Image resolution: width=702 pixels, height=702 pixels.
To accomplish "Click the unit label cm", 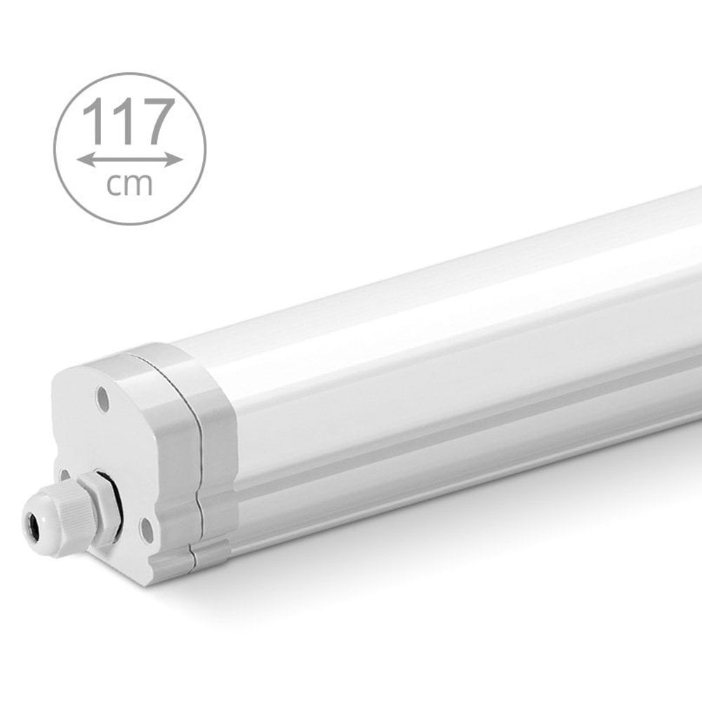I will coord(130,184).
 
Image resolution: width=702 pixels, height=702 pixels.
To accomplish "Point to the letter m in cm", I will coord(140,185).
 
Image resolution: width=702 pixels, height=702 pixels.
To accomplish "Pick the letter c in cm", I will coord(114,185).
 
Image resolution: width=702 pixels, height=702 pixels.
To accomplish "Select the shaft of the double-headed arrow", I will coord(130,160).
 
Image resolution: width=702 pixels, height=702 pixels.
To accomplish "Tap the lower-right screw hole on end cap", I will coord(147,531).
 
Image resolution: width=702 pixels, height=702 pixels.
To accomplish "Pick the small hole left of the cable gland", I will coord(65,475).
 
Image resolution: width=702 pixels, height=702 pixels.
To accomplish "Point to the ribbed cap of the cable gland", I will coord(60,512).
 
